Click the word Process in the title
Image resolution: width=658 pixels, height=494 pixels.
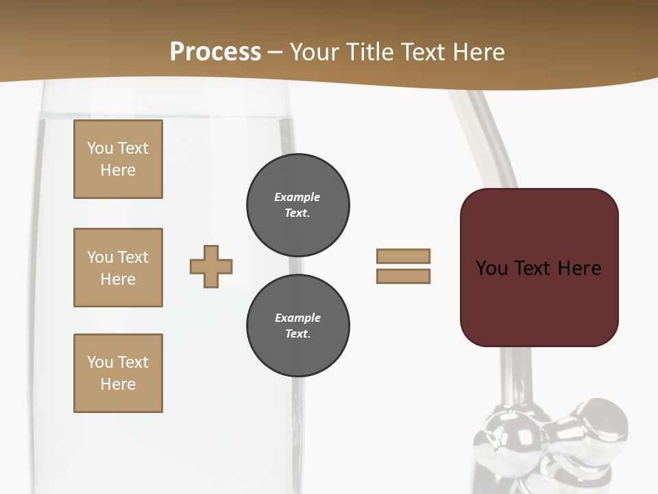[215, 52]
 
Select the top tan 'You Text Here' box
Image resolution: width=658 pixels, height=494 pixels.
[118, 159]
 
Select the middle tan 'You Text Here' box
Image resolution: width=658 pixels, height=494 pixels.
[118, 268]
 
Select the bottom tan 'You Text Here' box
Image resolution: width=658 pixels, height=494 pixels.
[118, 373]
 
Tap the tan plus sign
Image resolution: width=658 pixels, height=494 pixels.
[211, 266]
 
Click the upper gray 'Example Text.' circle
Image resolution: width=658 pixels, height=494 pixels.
[297, 205]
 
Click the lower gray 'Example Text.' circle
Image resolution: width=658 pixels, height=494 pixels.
[297, 326]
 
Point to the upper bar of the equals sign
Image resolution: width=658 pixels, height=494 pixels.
[403, 256]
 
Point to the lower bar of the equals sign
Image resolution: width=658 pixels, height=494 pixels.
[403, 276]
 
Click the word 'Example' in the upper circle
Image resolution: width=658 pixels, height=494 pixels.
[297, 197]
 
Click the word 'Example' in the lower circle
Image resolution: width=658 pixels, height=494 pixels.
[297, 318]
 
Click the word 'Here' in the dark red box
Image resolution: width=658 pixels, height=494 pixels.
[579, 268]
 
